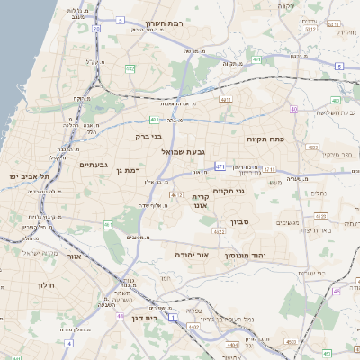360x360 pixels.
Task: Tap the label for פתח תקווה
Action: (267, 140)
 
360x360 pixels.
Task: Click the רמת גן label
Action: (132, 169)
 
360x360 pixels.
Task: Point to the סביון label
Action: (251, 220)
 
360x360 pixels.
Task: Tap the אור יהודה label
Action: (193, 256)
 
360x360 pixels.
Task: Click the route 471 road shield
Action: (220, 166)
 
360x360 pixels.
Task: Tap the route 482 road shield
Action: (130, 67)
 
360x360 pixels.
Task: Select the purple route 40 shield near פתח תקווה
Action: (294, 109)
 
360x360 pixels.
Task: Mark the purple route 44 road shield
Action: (120, 316)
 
